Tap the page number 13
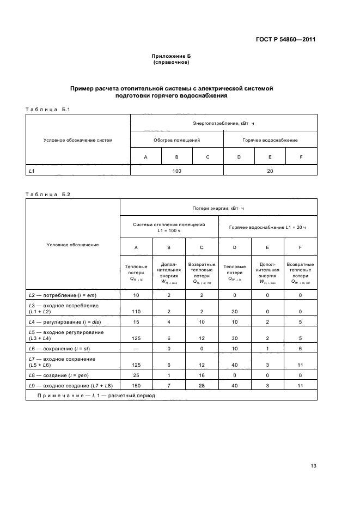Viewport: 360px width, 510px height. click(x=313, y=465)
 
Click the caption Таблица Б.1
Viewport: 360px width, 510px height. click(x=48, y=110)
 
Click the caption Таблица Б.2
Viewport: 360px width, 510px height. click(x=48, y=194)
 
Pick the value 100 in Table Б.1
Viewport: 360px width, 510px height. click(x=177, y=171)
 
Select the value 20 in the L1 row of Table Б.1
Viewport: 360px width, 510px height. click(x=270, y=171)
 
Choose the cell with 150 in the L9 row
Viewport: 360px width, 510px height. click(x=136, y=386)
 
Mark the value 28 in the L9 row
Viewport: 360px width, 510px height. click(x=202, y=386)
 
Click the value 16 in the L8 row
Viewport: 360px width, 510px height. click(x=202, y=376)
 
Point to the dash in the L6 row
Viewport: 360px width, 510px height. click(x=136, y=348)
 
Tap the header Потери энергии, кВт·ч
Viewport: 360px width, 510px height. click(x=218, y=208)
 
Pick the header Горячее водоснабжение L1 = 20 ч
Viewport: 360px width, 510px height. click(x=267, y=227)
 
